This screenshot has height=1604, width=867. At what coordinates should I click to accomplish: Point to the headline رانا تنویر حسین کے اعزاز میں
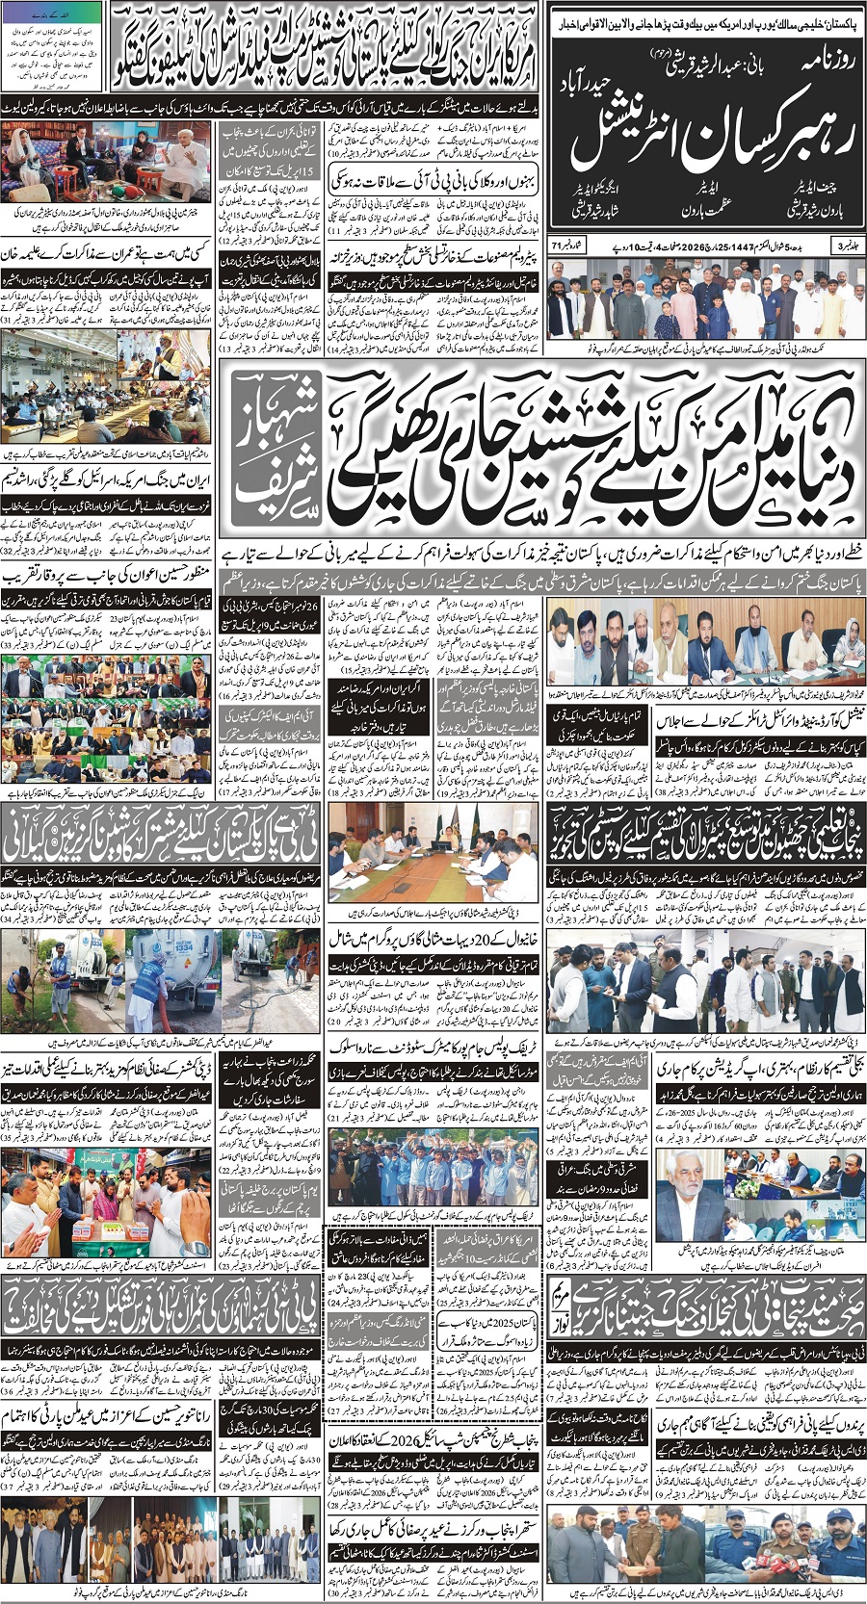click(x=108, y=1415)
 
